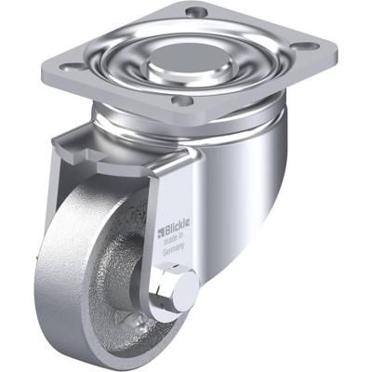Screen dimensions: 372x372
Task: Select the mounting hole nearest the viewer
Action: [x=182, y=100]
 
